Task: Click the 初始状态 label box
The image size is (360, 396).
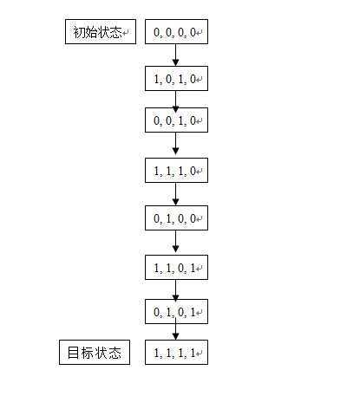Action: point(101,32)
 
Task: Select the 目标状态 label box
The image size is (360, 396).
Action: point(95,352)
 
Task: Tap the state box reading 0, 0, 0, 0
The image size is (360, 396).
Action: point(176,32)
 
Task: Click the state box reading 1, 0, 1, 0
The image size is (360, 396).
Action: point(176,79)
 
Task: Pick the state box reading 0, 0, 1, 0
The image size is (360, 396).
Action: point(176,120)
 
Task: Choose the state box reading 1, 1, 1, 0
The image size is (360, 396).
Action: point(176,171)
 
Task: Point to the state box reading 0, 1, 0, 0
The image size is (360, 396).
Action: point(176,218)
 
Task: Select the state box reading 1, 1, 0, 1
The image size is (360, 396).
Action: point(176,268)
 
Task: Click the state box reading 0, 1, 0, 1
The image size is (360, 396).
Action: point(176,312)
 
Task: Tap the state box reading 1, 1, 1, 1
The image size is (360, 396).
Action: point(176,352)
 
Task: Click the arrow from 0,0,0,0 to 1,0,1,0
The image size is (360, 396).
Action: point(175,55)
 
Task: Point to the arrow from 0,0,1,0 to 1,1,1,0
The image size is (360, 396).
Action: point(175,144)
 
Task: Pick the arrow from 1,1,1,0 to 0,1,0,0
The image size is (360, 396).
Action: point(175,194)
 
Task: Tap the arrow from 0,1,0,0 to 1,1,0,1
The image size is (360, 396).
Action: point(175,242)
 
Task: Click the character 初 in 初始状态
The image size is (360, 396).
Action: point(79,32)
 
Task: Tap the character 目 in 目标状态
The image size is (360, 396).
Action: point(73,353)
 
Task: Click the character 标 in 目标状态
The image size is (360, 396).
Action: point(87,353)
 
